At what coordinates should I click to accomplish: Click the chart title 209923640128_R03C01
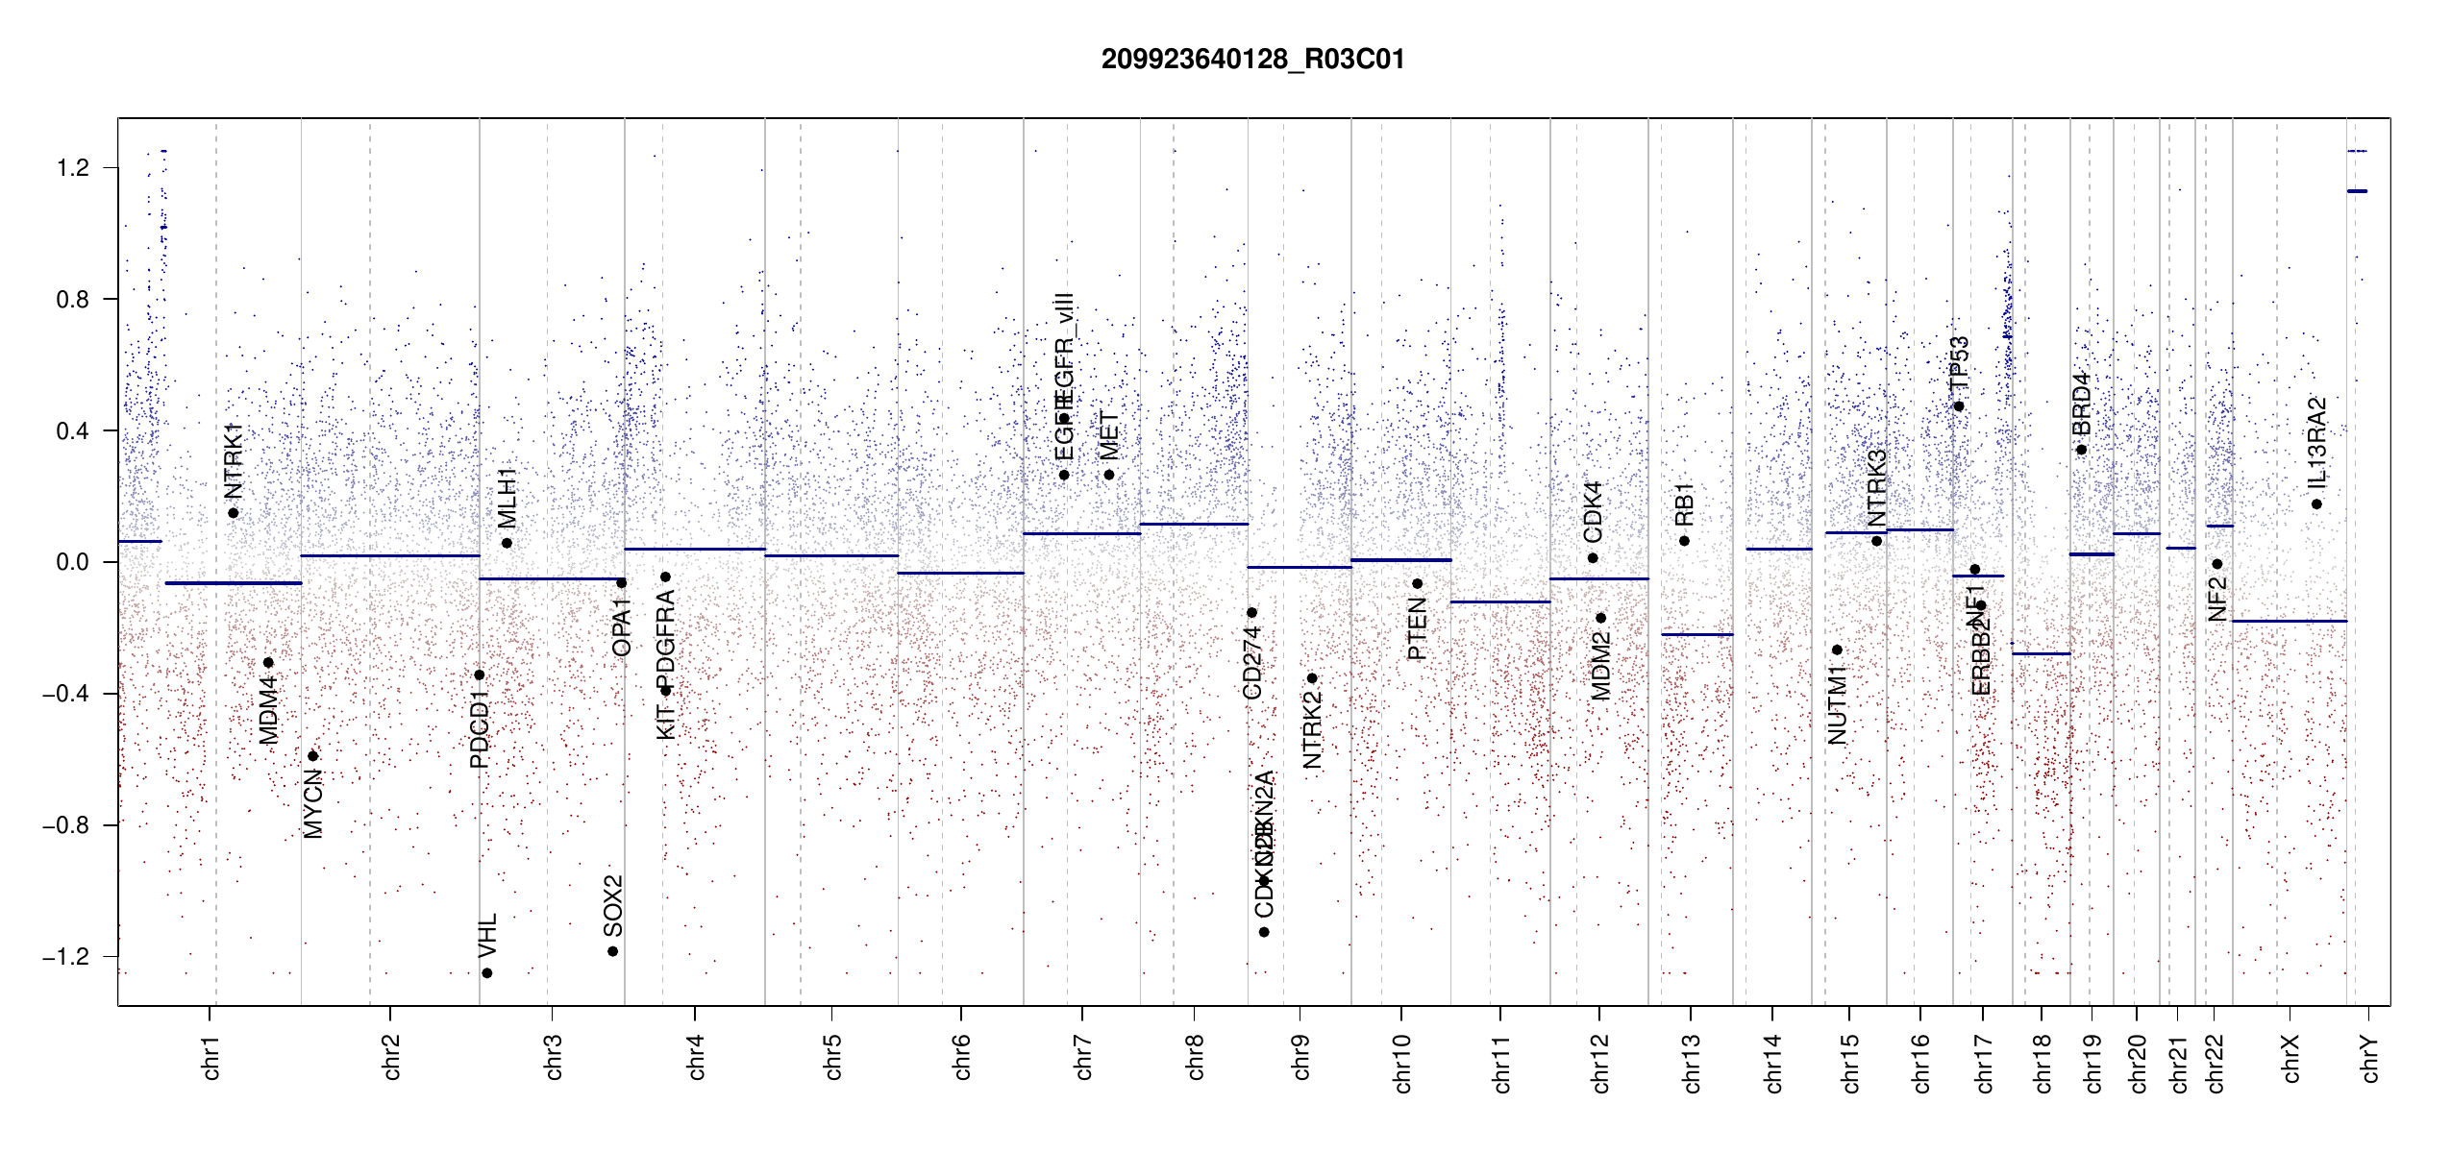[x=1252, y=60]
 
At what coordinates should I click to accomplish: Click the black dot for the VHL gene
[x=487, y=973]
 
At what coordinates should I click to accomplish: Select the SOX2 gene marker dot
[x=612, y=951]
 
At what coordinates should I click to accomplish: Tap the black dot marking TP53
[x=1959, y=406]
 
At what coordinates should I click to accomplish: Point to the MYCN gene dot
[x=312, y=756]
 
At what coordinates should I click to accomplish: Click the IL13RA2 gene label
[x=2316, y=442]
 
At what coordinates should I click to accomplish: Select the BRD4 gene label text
[x=2081, y=405]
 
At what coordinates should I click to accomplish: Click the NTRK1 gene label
[x=233, y=461]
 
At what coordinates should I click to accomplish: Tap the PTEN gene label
[x=1417, y=628]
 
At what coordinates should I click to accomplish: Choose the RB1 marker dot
[x=1684, y=541]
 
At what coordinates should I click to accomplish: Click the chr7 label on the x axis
[x=1083, y=1057]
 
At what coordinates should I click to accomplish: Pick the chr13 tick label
[x=1691, y=1063]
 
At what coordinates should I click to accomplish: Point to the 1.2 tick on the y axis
[x=72, y=168]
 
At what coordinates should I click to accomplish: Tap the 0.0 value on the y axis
[x=72, y=562]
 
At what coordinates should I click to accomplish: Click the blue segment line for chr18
[x=2041, y=653]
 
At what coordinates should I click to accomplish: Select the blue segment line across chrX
[x=2289, y=621]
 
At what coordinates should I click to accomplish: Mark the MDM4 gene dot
[x=268, y=663]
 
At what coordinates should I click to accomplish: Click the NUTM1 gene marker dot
[x=1837, y=650]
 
